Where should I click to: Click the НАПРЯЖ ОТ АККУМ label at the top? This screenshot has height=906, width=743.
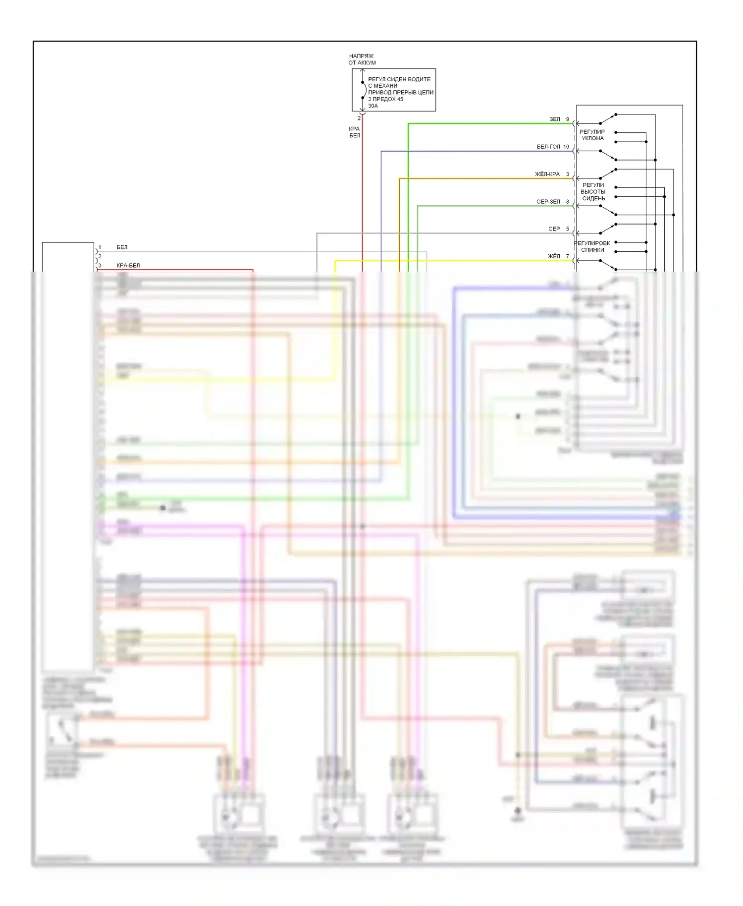[362, 59]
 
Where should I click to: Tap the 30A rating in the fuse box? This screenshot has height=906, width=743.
[373, 106]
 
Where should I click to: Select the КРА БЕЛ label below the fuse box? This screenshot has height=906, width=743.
[355, 132]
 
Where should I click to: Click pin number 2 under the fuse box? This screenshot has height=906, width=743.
[359, 118]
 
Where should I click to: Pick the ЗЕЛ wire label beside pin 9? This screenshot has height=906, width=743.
[555, 119]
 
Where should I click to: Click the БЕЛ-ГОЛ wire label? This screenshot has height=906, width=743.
[548, 147]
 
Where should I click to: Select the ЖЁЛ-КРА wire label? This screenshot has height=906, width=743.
[547, 174]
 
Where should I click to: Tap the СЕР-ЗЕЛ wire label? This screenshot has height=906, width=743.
[548, 202]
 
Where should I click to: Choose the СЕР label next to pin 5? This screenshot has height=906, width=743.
[554, 229]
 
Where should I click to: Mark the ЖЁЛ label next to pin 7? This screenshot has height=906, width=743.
[554, 256]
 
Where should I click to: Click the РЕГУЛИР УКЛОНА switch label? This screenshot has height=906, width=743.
[592, 135]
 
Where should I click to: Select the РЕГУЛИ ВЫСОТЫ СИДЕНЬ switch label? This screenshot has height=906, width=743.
[593, 192]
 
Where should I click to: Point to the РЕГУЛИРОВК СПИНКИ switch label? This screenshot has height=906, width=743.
[592, 246]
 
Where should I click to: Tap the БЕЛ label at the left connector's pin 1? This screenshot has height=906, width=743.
[122, 247]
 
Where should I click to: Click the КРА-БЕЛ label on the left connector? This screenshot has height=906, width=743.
[128, 266]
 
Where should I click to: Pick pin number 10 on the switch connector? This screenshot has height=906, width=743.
[566, 147]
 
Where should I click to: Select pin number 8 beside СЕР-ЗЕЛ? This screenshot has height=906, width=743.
[568, 202]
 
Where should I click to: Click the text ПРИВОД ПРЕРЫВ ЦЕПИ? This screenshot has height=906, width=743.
[401, 92]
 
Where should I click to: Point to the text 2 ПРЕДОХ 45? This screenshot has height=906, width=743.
[385, 99]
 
